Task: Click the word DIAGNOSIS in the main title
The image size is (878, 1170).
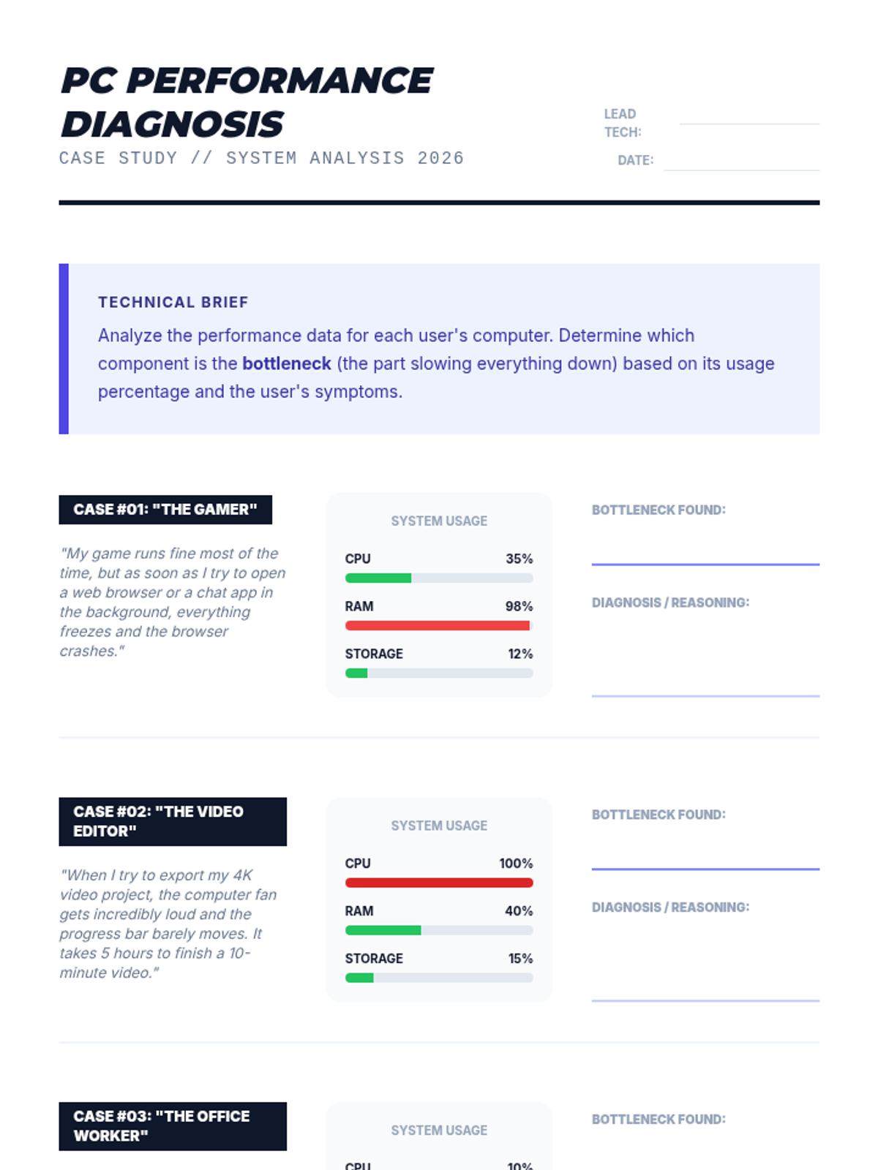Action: pos(172,124)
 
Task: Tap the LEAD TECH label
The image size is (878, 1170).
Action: pos(622,123)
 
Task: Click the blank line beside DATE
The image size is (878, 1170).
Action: pos(740,167)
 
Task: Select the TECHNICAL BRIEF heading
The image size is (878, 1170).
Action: pos(173,302)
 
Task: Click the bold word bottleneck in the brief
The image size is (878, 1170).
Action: pos(287,363)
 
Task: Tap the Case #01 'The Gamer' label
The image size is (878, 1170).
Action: pos(165,510)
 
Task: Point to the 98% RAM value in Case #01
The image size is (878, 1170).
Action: pos(519,606)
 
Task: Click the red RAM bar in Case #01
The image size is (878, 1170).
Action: pos(437,626)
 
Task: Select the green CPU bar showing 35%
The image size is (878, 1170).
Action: pos(378,578)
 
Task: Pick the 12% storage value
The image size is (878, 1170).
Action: pos(520,654)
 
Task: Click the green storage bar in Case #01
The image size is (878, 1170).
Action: pos(356,673)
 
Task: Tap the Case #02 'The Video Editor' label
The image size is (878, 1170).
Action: pos(173,821)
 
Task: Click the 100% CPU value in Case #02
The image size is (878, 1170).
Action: pos(516,864)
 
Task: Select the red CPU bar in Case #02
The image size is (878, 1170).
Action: pos(439,883)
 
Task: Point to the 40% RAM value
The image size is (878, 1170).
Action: pos(519,911)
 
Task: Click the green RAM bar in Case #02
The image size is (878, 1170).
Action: pos(383,931)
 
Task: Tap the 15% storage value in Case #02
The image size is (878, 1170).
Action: pos(520,959)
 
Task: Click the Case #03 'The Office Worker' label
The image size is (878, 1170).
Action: pos(173,1126)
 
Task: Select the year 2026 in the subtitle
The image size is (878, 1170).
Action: pos(440,158)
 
